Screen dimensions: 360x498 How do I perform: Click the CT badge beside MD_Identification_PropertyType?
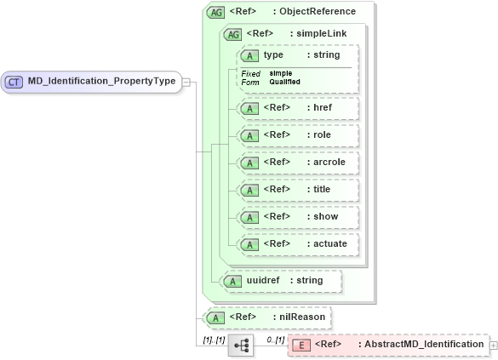14,82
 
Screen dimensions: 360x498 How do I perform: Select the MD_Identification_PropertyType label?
100,82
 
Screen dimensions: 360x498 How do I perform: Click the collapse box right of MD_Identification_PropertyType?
186,82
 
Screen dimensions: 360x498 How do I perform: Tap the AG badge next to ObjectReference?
216,12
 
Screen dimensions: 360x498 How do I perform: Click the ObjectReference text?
320,12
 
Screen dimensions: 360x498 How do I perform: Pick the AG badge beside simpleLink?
232,34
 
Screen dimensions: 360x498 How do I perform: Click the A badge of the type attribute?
250,55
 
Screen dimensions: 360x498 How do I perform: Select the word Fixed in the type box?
250,74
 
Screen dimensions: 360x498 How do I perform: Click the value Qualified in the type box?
284,83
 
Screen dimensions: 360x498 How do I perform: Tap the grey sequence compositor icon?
241,345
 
